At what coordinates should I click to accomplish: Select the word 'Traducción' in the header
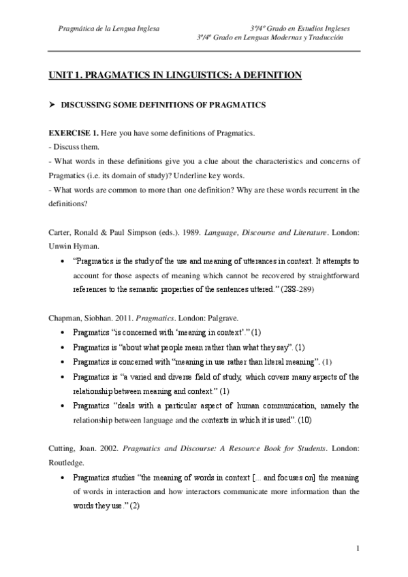(x=320, y=39)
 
